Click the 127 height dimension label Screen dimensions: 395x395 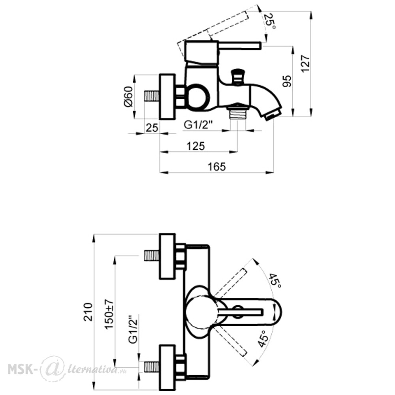[x=305, y=64]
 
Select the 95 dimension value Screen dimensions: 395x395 [x=287, y=81]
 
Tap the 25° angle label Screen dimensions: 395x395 [x=269, y=21]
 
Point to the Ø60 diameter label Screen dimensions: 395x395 [x=128, y=96]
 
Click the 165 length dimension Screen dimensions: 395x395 [x=216, y=167]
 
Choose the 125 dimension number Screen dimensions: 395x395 [x=196, y=146]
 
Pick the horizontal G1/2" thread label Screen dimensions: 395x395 [x=199, y=125]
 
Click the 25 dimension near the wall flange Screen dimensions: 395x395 [x=152, y=128]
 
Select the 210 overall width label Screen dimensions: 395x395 [x=88, y=312]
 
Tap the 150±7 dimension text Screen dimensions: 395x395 [x=109, y=314]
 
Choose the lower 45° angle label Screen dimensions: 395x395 [x=263, y=339]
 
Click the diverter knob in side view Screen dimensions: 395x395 [x=237, y=76]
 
